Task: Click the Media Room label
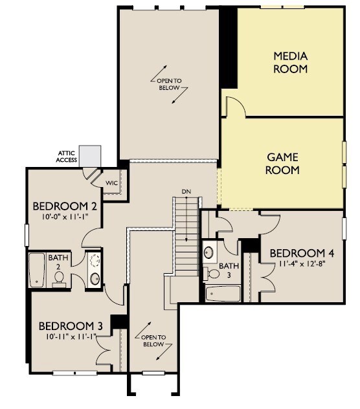coord(290,63)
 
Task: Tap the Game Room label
coord(282,164)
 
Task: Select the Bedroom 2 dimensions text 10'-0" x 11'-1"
coord(65,217)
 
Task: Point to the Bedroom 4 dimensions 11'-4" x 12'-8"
coord(302,263)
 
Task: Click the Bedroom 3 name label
coord(71,326)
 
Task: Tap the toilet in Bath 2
coord(60,278)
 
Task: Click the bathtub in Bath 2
coord(36,270)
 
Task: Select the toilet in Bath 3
coord(212,274)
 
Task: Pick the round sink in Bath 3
coord(208,252)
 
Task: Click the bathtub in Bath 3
coord(223,294)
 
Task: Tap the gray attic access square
coord(90,156)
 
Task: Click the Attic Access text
coord(67,157)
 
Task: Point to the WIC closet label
coord(111,183)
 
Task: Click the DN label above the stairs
coord(186,192)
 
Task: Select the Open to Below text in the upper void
coord(169,84)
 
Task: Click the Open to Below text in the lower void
coord(153,341)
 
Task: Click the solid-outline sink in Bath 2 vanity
coord(95,279)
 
